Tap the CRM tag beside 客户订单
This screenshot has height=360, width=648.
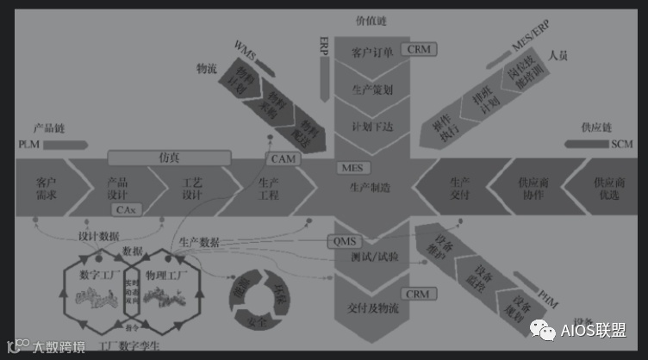tap(420, 51)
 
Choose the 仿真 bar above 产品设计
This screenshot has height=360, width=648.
tap(170, 158)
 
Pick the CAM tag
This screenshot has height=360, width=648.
tap(284, 159)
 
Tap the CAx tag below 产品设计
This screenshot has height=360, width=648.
tap(126, 209)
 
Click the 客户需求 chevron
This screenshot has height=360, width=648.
tap(47, 189)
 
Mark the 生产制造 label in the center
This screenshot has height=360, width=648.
tap(371, 188)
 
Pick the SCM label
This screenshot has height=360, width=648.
tap(621, 144)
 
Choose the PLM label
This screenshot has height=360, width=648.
tap(28, 144)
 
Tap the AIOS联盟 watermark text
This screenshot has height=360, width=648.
tap(592, 329)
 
